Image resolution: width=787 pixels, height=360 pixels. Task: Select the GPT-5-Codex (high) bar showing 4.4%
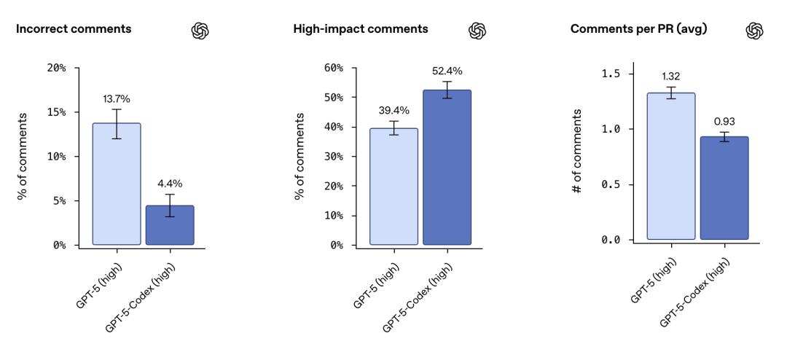coord(170,225)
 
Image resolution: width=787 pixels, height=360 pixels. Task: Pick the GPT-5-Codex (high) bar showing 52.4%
coord(447,167)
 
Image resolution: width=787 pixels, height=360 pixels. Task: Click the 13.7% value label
coord(117,99)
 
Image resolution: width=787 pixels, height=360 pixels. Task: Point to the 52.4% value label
coord(447,71)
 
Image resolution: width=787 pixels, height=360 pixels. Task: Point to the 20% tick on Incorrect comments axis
coord(57,68)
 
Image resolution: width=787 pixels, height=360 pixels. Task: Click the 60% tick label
coord(334,68)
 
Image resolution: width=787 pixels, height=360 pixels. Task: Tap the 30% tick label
coord(334,157)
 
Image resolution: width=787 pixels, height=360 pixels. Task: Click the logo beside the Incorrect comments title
coord(197,30)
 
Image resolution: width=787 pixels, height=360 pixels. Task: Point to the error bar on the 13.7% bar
coord(117,124)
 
